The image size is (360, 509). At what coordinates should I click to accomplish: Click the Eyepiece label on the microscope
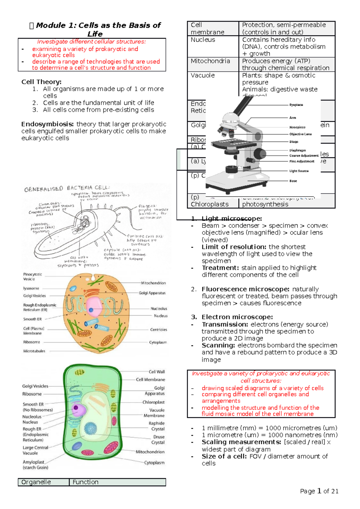296,105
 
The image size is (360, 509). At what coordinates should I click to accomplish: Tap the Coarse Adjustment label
304,156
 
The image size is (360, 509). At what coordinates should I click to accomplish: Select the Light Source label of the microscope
299,171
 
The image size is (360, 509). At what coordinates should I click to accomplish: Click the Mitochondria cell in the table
210,61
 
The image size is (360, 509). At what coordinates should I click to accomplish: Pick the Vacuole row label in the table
202,76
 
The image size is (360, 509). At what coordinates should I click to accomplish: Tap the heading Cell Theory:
41,82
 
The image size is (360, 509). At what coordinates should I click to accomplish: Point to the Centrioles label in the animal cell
158,329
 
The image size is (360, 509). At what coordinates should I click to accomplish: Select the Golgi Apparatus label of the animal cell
152,293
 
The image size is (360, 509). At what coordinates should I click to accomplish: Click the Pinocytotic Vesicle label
32,276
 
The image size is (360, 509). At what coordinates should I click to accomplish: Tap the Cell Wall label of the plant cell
157,372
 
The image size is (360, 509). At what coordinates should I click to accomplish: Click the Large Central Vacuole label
35,450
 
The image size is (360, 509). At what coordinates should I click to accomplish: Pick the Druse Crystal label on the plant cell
158,439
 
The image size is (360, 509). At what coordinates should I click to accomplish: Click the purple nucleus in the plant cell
76,408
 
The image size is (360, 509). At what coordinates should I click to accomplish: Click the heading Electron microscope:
237,317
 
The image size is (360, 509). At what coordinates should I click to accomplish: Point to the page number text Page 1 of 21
319,491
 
